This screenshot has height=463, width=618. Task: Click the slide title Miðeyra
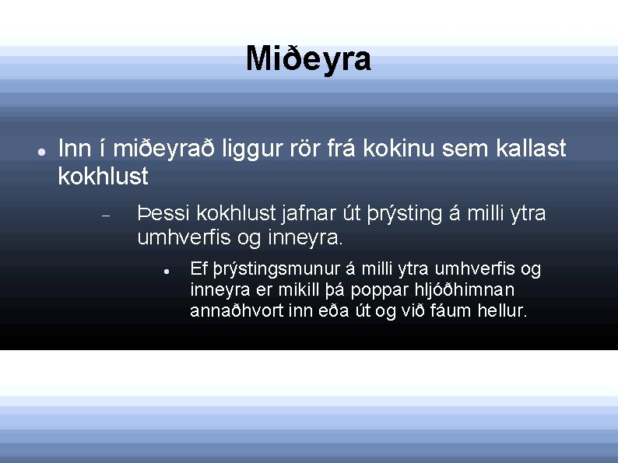tap(308, 59)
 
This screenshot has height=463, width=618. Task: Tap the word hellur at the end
tap(501, 311)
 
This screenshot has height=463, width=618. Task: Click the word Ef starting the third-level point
tap(198, 270)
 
